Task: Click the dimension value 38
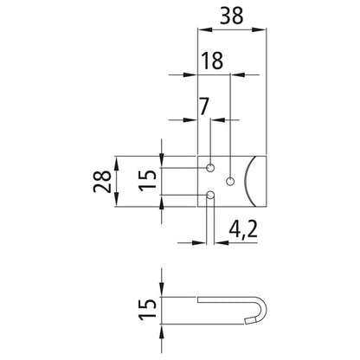pos(229,15)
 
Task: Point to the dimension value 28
pos(102,180)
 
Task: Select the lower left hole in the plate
pos(211,196)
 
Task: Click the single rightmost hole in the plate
pos(230,181)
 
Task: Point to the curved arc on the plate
pos(247,180)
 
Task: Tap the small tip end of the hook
pos(248,318)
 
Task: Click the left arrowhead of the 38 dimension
pos(203,32)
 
